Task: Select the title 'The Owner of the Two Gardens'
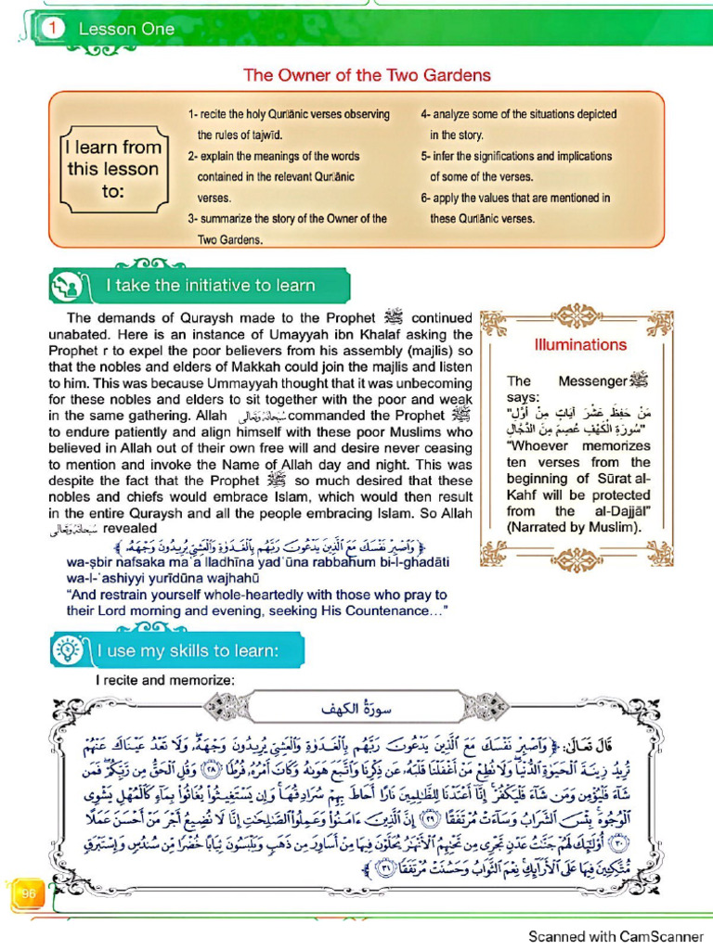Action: pyautogui.click(x=367, y=75)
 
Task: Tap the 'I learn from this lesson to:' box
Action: pyautogui.click(x=113, y=170)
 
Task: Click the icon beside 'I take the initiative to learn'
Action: pyautogui.click(x=68, y=285)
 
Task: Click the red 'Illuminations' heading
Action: pyautogui.click(x=580, y=345)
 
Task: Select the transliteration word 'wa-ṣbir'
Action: pyautogui.click(x=93, y=561)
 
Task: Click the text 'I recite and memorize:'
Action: pyautogui.click(x=163, y=680)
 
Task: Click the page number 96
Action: pyautogui.click(x=28, y=892)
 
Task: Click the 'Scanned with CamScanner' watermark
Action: pyautogui.click(x=615, y=936)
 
